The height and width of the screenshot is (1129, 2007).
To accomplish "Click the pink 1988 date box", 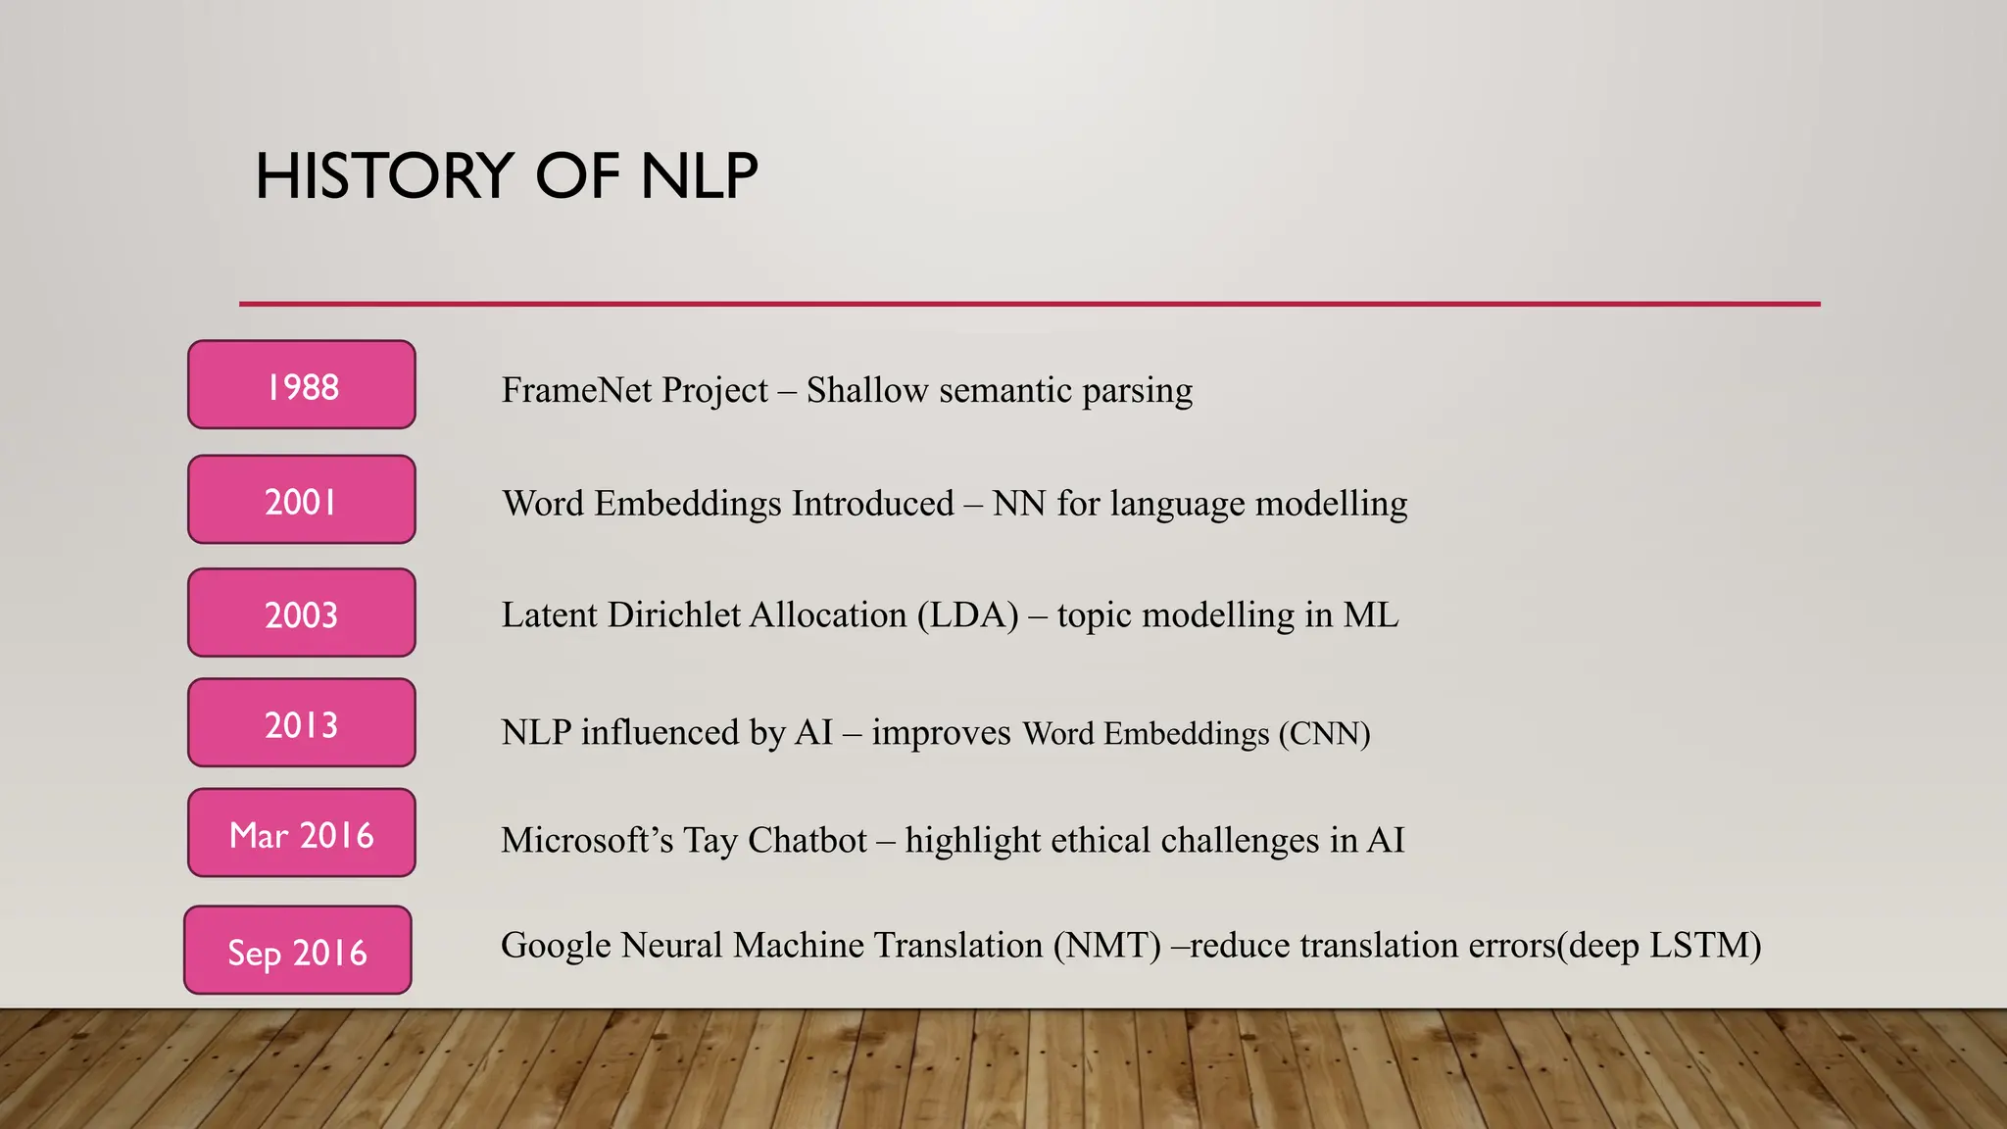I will click(x=302, y=385).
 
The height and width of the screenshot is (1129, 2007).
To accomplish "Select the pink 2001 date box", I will click(x=302, y=500).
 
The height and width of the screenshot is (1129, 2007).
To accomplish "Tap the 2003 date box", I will click(x=302, y=614).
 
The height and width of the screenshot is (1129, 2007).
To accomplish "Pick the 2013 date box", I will click(x=302, y=723).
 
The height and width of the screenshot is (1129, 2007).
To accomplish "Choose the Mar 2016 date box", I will click(x=302, y=833).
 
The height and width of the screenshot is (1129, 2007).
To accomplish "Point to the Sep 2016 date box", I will click(x=298, y=951).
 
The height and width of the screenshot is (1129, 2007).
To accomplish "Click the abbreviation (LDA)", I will click(x=968, y=615).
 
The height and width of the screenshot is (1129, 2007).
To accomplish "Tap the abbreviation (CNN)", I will click(x=1324, y=733).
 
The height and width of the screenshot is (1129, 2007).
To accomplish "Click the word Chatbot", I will click(x=808, y=841).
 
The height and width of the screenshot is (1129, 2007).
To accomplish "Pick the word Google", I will click(x=556, y=946).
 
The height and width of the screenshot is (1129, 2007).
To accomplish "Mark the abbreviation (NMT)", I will click(x=1107, y=946).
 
